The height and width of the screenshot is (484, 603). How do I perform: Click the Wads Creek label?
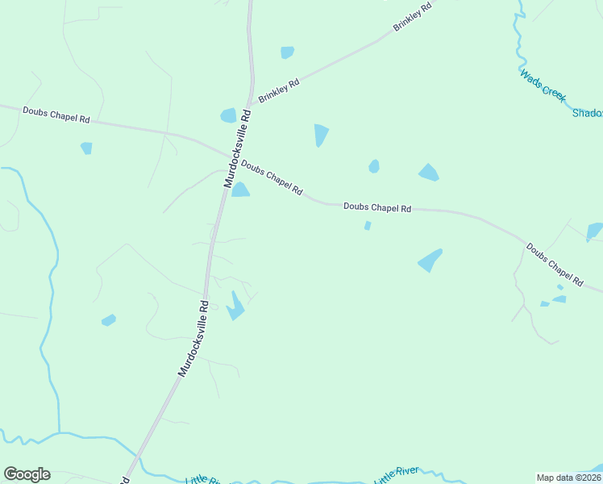pyautogui.click(x=543, y=84)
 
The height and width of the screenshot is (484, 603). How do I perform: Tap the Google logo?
pyautogui.click(x=27, y=474)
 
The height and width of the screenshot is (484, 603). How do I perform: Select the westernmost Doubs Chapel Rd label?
pyautogui.click(x=56, y=115)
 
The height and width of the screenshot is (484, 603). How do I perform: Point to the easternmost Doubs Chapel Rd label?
pyautogui.click(x=555, y=265)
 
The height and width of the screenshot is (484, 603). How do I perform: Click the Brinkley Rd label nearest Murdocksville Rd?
pyautogui.click(x=279, y=91)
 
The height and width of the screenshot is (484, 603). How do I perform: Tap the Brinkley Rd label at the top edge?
pyautogui.click(x=413, y=16)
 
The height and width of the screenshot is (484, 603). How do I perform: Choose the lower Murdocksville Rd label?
pyautogui.click(x=194, y=339)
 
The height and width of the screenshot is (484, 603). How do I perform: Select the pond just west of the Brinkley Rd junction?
pyautogui.click(x=229, y=115)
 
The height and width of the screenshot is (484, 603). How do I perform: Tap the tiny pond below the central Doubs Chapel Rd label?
pyautogui.click(x=368, y=226)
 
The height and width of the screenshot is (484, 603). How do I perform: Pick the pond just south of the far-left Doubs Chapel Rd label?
pyautogui.click(x=86, y=148)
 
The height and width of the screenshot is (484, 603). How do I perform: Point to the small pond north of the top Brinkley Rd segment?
pyautogui.click(x=287, y=52)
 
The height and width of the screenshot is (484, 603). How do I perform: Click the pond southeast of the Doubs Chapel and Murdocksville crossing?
pyautogui.click(x=240, y=190)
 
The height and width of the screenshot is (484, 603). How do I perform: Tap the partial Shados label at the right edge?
pyautogui.click(x=587, y=114)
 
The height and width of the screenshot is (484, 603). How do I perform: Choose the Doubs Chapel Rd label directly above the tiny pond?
pyautogui.click(x=377, y=207)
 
